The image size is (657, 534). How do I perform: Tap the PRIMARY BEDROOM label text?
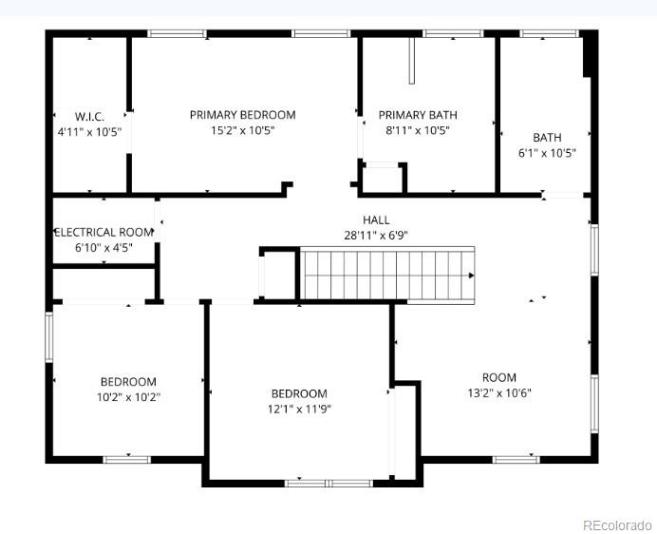pyautogui.click(x=242, y=115)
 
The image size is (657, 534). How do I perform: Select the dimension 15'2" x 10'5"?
pyautogui.click(x=242, y=131)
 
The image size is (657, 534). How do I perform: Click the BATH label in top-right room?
pyautogui.click(x=547, y=137)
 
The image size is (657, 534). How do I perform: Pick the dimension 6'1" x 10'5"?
pyautogui.click(x=547, y=152)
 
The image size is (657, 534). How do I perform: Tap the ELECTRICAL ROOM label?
pyautogui.click(x=103, y=232)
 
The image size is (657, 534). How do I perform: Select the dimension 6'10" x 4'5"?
pyautogui.click(x=103, y=247)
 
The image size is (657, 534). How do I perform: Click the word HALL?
pyautogui.click(x=376, y=220)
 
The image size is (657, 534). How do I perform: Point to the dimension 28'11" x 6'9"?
pyautogui.click(x=376, y=236)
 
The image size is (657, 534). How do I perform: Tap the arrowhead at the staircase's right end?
pyautogui.click(x=471, y=276)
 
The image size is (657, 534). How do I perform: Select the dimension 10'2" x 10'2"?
pyautogui.click(x=129, y=397)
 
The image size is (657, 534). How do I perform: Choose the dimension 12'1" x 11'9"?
pyautogui.click(x=299, y=410)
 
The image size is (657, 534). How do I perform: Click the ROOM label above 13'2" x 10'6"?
pyautogui.click(x=499, y=377)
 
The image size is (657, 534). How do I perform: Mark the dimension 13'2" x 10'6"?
pyautogui.click(x=499, y=392)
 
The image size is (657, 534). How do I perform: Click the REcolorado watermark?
pyautogui.click(x=617, y=524)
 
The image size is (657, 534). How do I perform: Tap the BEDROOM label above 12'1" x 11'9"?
pyautogui.click(x=299, y=393)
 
